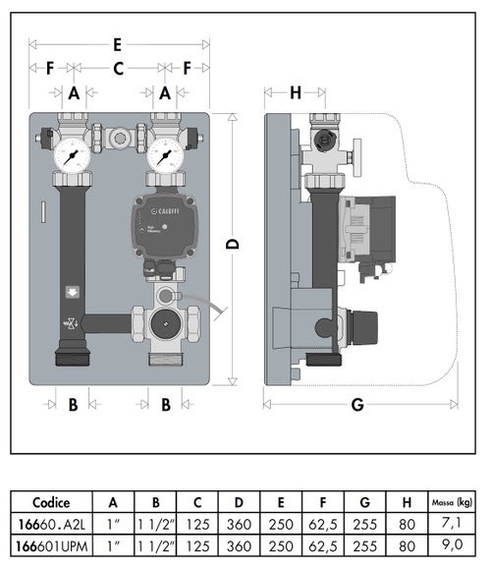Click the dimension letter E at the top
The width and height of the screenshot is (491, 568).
[117, 44]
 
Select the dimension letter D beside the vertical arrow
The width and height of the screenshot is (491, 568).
[234, 245]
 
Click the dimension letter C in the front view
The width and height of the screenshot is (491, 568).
[119, 69]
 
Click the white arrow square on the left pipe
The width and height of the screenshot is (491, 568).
[73, 292]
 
